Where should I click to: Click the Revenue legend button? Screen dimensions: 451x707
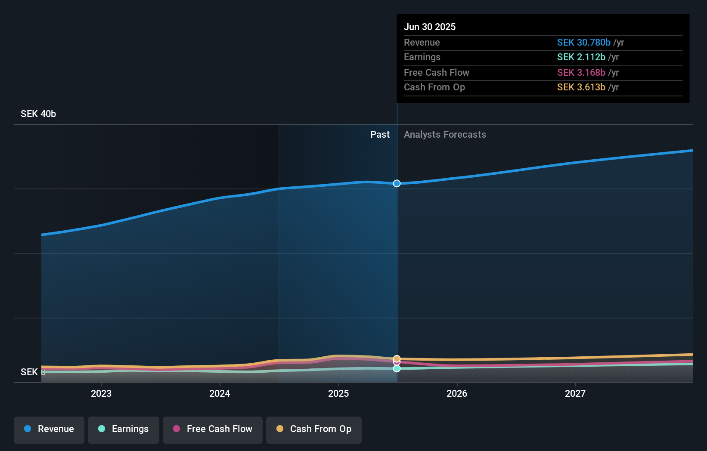tap(49, 429)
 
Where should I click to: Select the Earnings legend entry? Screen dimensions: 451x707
tap(124, 429)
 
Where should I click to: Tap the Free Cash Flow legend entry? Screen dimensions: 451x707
tap(213, 429)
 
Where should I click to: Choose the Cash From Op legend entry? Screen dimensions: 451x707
tap(314, 429)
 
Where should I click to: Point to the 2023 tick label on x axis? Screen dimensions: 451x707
tap(101, 393)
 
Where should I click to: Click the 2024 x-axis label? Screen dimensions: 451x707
tap(220, 393)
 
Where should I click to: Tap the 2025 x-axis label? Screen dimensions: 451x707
tap(338, 393)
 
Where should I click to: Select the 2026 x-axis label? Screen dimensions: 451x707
tap(457, 393)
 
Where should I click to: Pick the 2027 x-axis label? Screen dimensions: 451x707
tap(575, 393)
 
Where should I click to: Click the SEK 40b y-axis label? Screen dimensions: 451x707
tap(38, 114)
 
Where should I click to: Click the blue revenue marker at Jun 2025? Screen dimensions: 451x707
tap(397, 184)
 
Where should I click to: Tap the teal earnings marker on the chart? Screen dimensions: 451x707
tap(397, 369)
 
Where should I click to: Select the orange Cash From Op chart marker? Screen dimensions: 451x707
tap(397, 358)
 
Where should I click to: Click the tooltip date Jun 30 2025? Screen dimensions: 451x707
tap(429, 27)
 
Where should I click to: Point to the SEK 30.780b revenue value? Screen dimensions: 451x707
tap(583, 43)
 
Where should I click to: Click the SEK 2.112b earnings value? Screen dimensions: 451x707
tap(581, 57)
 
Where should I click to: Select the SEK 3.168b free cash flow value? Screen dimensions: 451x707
tap(581, 73)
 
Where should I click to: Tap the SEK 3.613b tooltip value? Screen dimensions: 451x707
tap(581, 87)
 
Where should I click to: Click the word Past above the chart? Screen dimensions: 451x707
tap(380, 135)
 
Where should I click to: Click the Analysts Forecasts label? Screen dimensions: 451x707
tap(445, 135)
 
